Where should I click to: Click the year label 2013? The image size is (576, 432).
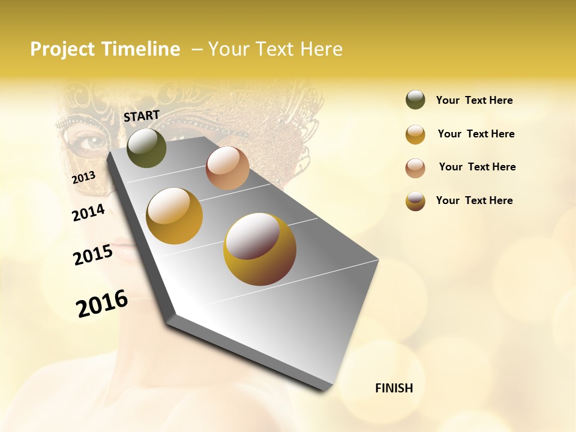[83, 177]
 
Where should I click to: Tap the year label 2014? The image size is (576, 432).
[89, 212]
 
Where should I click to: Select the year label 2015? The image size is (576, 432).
[93, 255]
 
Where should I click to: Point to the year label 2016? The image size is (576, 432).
[102, 304]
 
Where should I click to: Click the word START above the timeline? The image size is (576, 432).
[142, 116]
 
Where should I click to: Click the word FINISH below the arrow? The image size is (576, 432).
[394, 388]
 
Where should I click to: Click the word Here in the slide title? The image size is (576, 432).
[321, 49]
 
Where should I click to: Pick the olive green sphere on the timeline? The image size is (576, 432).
[146, 148]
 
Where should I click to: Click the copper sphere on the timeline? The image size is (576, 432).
[227, 168]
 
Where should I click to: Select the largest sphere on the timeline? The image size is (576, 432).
[260, 249]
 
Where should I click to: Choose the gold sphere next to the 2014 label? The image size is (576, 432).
[175, 216]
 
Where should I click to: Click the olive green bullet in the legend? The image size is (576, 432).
[415, 100]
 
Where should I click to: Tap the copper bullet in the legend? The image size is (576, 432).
[415, 168]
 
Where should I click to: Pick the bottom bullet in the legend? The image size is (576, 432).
[415, 201]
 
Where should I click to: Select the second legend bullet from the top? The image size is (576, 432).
[415, 134]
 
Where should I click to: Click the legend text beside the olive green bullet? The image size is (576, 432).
[475, 100]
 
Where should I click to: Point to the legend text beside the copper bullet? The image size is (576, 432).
[478, 167]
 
